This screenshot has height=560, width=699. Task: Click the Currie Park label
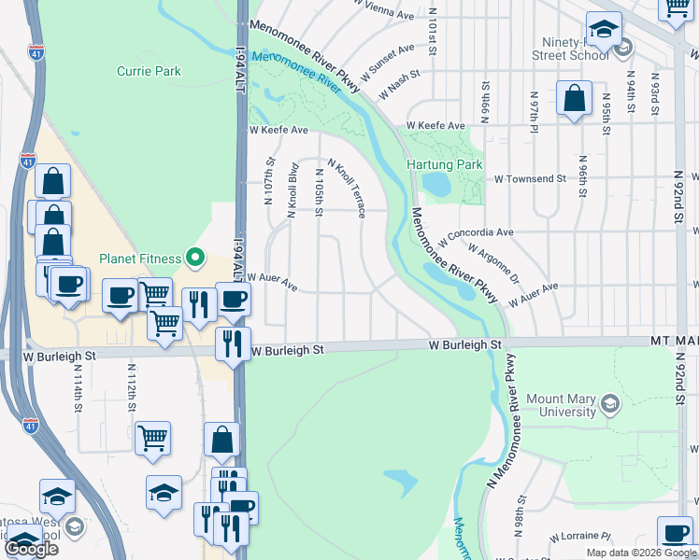[x=149, y=71]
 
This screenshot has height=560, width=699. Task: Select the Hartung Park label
[x=445, y=165]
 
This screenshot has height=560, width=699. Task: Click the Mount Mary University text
[x=561, y=405]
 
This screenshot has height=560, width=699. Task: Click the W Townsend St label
[x=530, y=177]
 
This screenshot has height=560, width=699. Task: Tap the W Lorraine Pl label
[x=579, y=537]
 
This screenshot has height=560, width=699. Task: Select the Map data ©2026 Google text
[x=640, y=553]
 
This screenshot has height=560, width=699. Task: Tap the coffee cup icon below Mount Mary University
[x=675, y=534]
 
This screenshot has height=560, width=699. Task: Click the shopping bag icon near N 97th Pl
[x=574, y=98]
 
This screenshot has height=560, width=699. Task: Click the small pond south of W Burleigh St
[x=401, y=482]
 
